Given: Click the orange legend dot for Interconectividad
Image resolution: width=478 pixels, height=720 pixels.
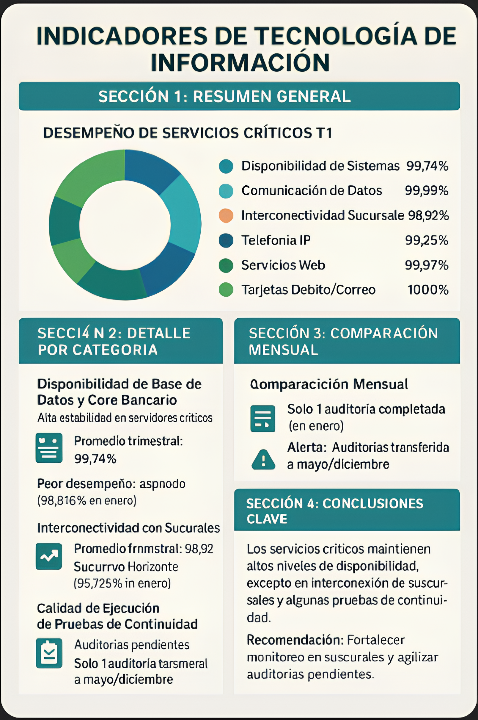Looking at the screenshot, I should (226, 216).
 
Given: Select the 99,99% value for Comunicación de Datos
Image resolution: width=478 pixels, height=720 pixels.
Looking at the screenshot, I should (426, 191).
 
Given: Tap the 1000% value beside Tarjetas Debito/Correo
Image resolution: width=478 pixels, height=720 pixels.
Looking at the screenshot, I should (428, 290).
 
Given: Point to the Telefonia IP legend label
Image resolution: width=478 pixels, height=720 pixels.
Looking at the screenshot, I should (276, 240).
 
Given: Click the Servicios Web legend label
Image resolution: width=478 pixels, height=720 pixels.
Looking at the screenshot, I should (283, 265).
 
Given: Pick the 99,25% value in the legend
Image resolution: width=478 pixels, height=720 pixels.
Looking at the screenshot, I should (426, 240).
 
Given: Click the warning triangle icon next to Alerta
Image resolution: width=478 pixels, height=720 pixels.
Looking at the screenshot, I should (263, 459).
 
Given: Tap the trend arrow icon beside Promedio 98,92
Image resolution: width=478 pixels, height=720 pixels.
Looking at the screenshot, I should (49, 556).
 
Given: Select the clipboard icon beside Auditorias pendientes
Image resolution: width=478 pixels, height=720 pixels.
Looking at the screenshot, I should (49, 653).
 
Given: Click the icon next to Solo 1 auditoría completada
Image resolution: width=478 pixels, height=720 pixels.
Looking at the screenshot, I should (262, 418).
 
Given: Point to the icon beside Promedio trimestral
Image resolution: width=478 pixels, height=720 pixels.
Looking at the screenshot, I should (49, 447).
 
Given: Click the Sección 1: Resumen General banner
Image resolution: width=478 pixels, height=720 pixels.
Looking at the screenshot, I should (239, 96).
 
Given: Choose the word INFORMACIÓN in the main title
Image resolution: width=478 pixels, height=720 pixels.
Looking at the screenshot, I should (240, 62).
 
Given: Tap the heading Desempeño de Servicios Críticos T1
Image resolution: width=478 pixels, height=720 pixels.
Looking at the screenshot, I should (188, 133).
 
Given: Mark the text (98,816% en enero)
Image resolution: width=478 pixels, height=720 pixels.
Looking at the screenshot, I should (87, 501).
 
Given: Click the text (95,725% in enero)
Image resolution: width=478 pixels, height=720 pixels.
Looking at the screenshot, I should (122, 583).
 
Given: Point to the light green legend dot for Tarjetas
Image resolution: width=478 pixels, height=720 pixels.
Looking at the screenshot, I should (226, 290).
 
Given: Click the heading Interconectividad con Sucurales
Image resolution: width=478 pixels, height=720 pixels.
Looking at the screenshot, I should (128, 528).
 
